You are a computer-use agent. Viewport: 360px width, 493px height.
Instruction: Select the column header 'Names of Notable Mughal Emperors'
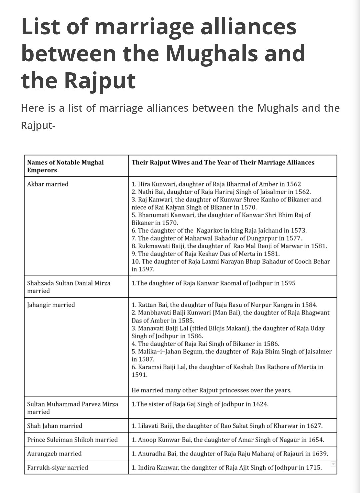click(x=65, y=166)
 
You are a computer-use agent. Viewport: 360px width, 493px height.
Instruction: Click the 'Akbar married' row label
click(x=48, y=184)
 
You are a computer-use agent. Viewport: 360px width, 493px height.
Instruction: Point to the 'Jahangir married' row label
click(x=51, y=305)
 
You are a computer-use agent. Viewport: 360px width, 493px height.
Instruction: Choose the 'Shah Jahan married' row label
click(x=55, y=426)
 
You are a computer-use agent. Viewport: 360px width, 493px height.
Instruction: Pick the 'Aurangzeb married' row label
click(x=54, y=453)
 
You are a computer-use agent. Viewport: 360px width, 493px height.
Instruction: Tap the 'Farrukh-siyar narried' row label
click(x=58, y=467)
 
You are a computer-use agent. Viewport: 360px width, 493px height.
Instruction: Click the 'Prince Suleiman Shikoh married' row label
click(x=72, y=440)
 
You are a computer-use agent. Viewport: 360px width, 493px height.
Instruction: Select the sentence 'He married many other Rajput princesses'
click(x=211, y=390)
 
